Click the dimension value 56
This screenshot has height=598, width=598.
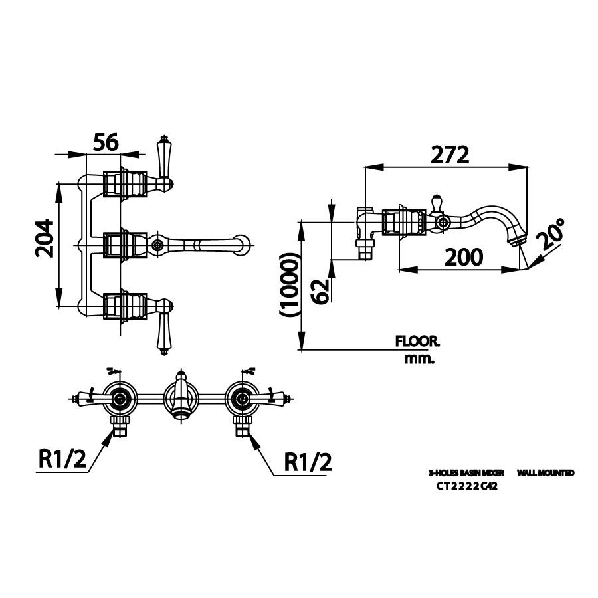(x=105, y=142)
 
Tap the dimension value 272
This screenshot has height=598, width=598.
(x=450, y=154)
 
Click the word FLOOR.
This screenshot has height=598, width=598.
(x=418, y=342)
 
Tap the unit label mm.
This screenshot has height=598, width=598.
(x=419, y=359)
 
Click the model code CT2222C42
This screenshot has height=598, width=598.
(x=467, y=486)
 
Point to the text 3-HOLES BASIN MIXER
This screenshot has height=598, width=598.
(x=466, y=473)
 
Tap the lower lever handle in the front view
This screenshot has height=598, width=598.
(x=162, y=332)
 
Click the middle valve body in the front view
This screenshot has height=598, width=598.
(x=122, y=245)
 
